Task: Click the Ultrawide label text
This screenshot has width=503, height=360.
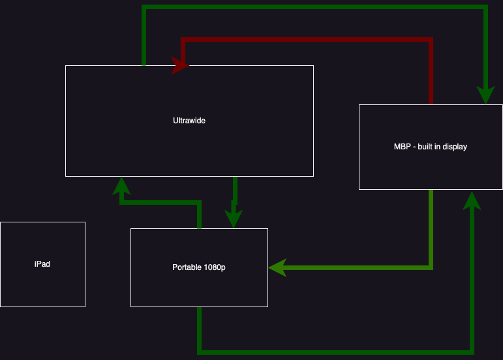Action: tap(189, 121)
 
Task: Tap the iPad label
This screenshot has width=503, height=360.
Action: tap(42, 264)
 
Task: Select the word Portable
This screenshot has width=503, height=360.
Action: tap(186, 267)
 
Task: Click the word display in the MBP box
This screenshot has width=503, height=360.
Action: tap(455, 147)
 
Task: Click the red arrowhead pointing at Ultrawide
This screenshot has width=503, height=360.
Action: tap(179, 65)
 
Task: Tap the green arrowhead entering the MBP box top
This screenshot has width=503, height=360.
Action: tap(485, 96)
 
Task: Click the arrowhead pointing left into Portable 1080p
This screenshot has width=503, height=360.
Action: tap(277, 267)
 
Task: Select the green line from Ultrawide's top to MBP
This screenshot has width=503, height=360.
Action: tap(313, 7)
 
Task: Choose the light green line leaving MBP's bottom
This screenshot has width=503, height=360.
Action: tap(431, 228)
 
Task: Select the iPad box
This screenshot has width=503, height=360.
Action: tap(42, 287)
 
